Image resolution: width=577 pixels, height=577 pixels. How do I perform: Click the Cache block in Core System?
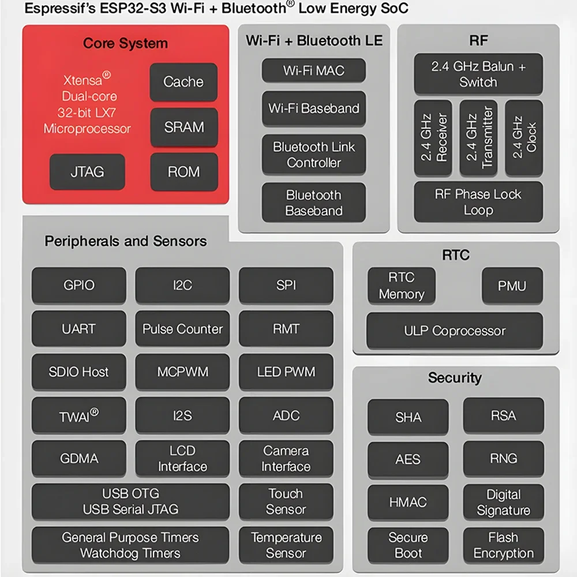click(x=183, y=82)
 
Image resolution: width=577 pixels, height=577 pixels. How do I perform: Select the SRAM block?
click(x=184, y=128)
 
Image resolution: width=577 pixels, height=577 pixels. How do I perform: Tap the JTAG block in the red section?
click(x=87, y=172)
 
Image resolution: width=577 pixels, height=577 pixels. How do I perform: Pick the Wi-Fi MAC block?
click(x=313, y=70)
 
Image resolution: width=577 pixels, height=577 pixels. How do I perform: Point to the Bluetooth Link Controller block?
click(x=313, y=155)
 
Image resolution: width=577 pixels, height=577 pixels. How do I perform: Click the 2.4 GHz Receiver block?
click(x=433, y=138)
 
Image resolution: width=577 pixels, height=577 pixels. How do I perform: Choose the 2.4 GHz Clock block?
click(x=524, y=138)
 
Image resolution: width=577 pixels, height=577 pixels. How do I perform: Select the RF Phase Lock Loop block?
click(x=478, y=202)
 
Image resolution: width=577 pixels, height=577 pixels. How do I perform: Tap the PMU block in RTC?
click(x=512, y=286)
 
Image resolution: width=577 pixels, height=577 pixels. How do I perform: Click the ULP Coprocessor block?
click(x=455, y=331)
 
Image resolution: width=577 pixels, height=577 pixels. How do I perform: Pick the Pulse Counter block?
click(x=182, y=329)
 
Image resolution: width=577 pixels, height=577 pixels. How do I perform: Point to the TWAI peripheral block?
click(x=78, y=415)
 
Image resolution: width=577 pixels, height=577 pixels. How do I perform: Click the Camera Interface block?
click(x=286, y=459)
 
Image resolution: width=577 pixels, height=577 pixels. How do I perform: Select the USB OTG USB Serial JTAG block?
click(x=130, y=501)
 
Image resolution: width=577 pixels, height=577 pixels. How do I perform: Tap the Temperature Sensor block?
click(x=286, y=545)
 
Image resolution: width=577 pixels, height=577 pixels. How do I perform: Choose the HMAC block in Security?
click(x=408, y=502)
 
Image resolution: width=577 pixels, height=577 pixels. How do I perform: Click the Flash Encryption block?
click(x=503, y=545)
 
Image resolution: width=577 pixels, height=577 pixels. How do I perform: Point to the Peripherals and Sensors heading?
click(x=125, y=241)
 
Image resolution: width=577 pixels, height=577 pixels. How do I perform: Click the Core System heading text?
click(x=125, y=43)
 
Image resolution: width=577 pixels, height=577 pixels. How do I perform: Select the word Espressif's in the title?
click(x=60, y=8)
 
